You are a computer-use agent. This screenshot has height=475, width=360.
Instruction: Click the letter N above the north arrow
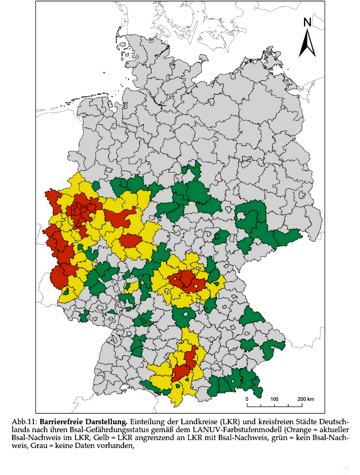[307, 22]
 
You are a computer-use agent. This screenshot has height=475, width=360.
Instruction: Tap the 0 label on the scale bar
[247, 399]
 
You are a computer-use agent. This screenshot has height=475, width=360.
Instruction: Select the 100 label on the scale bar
[274, 399]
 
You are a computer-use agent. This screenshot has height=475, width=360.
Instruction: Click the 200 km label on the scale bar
[306, 399]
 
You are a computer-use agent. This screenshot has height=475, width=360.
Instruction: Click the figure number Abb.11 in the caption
[24, 422]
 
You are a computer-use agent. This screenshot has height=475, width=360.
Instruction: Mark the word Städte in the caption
[307, 422]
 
